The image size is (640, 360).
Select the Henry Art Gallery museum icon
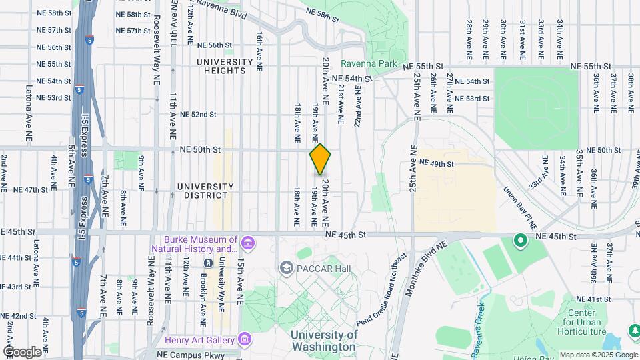coord(245,340)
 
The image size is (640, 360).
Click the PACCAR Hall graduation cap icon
coord(287,268)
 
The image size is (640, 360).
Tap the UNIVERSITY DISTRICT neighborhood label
coord(206,191)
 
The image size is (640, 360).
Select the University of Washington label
coord(323,341)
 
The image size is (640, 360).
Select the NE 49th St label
coord(437,163)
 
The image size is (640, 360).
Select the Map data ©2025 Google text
coord(598,355)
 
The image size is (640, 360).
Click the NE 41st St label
coord(593,299)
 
